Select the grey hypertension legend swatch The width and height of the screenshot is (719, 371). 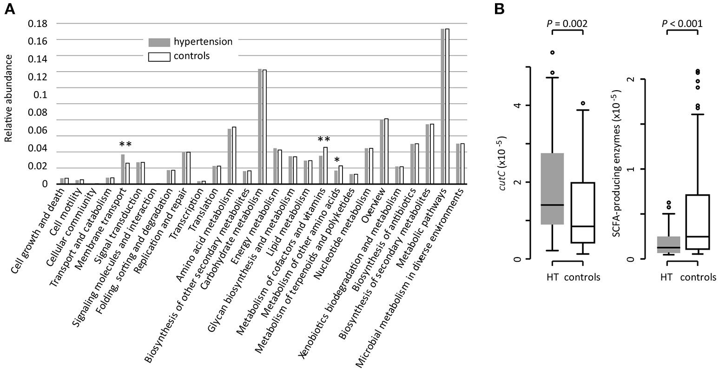coord(159,42)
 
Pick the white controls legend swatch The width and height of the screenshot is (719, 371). coord(159,57)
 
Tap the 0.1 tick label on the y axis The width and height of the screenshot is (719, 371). coord(41,95)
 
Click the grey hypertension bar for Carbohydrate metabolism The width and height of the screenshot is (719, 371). coord(260,126)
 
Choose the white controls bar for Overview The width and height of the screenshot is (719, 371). coord(386,151)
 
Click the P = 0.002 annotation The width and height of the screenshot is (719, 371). coord(567,23)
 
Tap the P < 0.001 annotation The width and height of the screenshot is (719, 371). coord(682,23)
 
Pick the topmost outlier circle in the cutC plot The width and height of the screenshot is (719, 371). coord(552,53)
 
